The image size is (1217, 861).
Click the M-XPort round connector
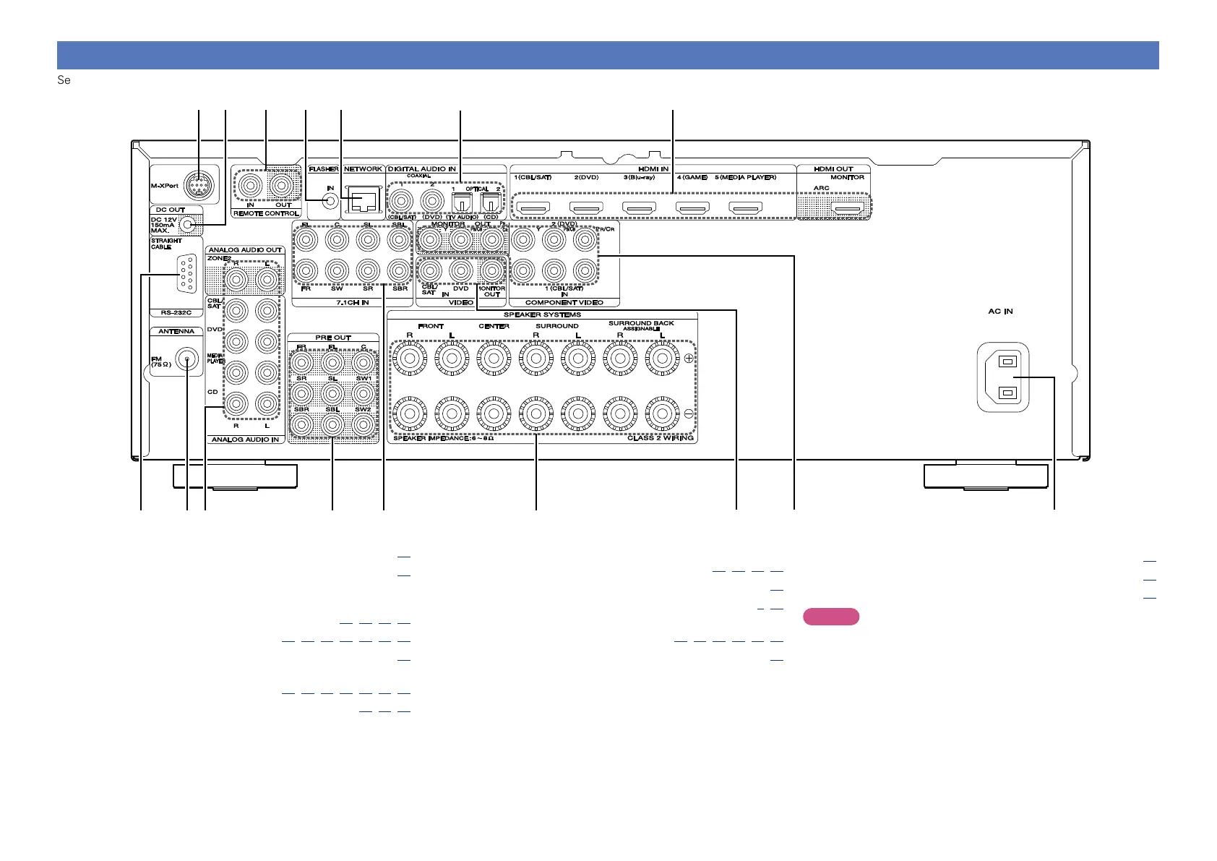pos(199,187)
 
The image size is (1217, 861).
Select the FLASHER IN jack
pos(330,200)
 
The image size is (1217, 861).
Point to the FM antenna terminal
pos(187,359)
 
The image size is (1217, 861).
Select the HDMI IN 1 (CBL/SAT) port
pos(534,209)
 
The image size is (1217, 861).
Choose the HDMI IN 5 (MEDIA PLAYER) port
pos(745,209)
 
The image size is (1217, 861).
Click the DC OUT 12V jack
pos(188,225)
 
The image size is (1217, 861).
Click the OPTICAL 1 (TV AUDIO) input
pos(460,200)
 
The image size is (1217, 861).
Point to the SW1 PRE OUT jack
pos(363,362)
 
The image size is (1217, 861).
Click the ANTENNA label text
pos(176,331)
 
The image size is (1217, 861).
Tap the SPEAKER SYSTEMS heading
pos(542,315)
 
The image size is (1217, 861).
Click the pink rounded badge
pos(830,617)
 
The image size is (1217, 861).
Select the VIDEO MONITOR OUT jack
pos(491,271)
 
